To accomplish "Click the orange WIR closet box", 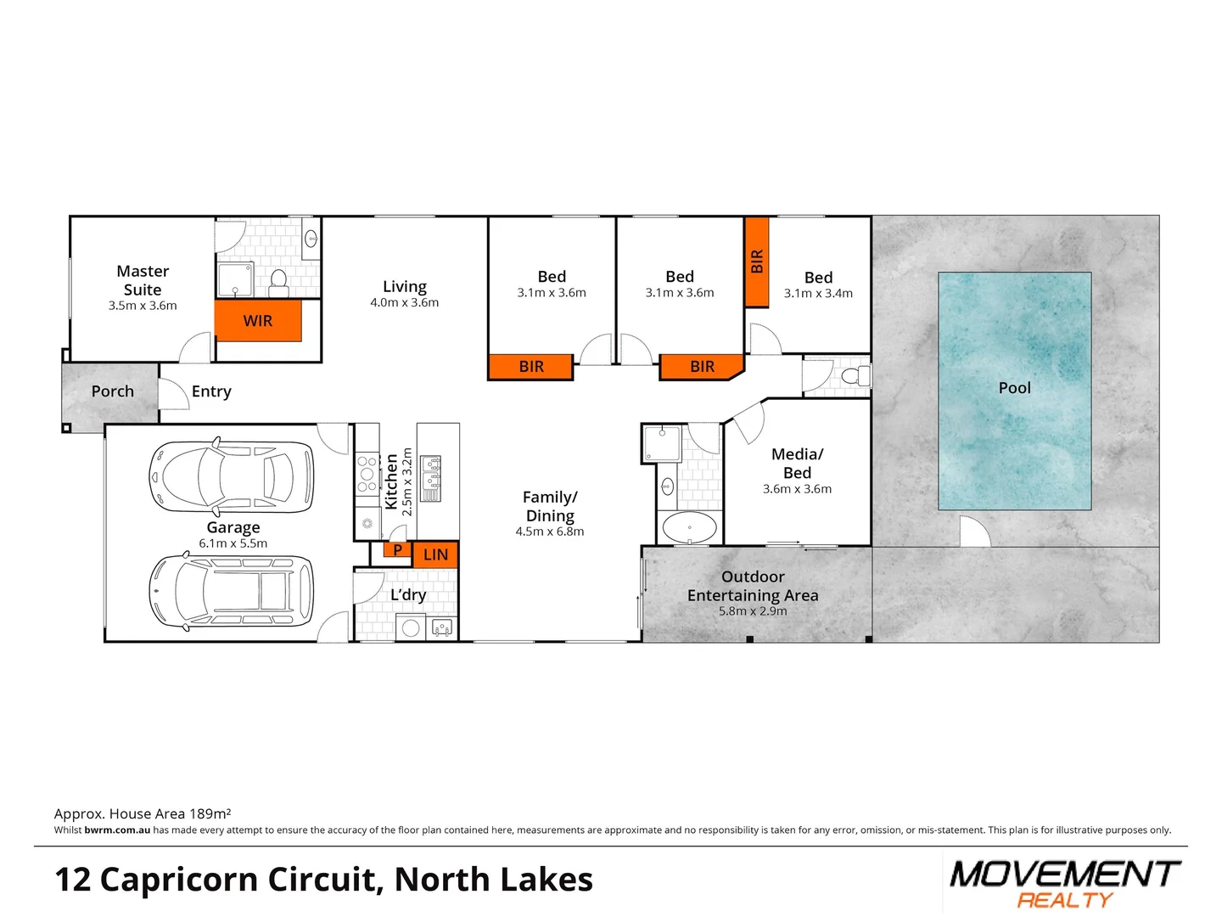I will tap(258, 321).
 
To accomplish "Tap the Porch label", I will tap(113, 391).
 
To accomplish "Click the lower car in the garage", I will tap(231, 591).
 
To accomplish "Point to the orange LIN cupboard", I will tap(435, 554).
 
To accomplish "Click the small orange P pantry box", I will tap(396, 550).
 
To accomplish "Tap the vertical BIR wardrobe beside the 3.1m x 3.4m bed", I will tap(757, 262).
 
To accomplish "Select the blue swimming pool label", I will tap(1014, 388).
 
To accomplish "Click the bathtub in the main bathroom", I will tap(689, 527).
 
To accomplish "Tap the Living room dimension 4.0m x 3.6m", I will tap(404, 303).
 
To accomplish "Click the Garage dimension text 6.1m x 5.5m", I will tap(233, 543).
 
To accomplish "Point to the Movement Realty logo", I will tap(1065, 883).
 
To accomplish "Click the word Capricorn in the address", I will tap(237, 880).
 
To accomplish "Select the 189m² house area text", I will tap(210, 813).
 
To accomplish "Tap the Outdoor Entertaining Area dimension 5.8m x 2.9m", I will tap(753, 611).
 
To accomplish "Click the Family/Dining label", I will tap(550, 506).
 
